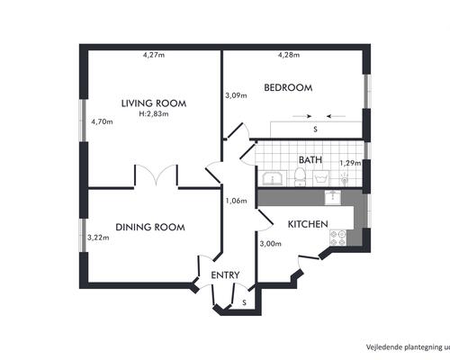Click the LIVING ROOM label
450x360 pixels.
point(154,103)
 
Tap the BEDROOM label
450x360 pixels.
point(288,87)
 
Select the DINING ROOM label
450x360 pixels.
point(150,227)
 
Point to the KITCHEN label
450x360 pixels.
point(308,224)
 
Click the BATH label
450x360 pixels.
point(310,160)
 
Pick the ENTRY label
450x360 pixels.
point(225,275)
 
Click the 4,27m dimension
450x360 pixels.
point(154,55)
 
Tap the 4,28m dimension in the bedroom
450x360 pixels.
point(289,55)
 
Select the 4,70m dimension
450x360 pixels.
point(102,121)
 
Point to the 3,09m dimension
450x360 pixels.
point(236,95)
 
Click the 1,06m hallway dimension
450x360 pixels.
point(237,201)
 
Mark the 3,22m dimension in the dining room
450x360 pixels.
point(98,238)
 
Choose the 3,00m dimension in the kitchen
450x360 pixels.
point(271,244)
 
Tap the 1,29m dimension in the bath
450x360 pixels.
point(350,163)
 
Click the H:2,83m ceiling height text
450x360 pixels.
point(154,114)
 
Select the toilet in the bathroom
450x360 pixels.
point(299,177)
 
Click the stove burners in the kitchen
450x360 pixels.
point(337,238)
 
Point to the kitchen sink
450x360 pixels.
point(333,198)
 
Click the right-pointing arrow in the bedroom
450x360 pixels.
point(302,116)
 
